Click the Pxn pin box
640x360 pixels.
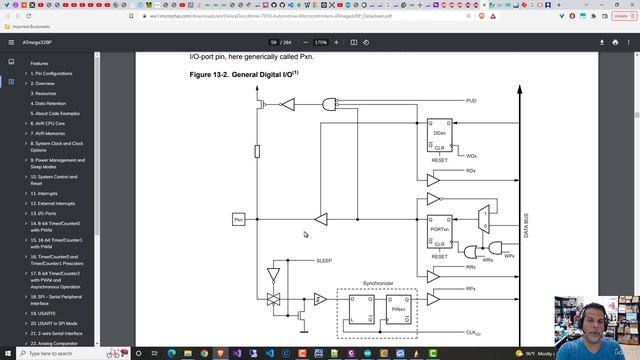[x=239, y=218]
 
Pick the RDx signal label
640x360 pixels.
[x=471, y=171]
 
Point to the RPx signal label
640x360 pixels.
[x=471, y=291]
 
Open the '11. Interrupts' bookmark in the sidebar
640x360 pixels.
[x=44, y=193]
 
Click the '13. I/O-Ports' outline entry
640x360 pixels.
[x=45, y=213]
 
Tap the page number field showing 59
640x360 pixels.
[x=273, y=43]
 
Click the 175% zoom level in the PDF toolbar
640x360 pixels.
[x=321, y=43]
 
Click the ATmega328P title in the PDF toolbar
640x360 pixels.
[x=41, y=43]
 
